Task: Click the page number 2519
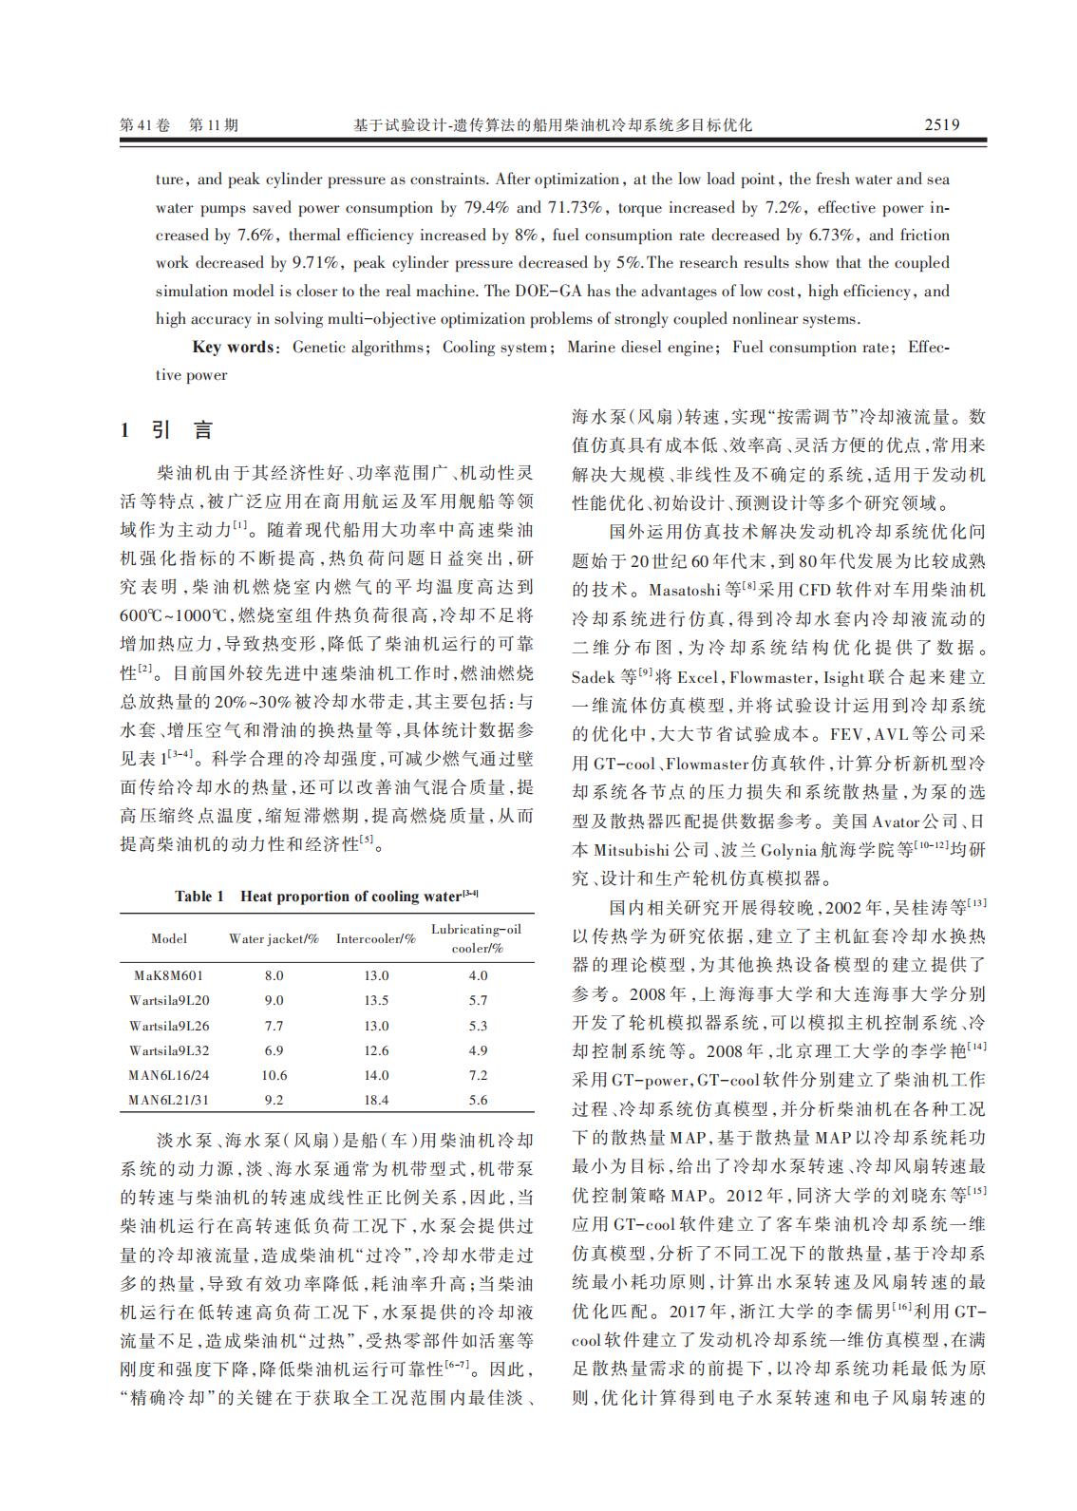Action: pyautogui.click(x=941, y=124)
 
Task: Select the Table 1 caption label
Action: pyautogui.click(x=199, y=896)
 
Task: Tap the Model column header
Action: pyautogui.click(x=169, y=938)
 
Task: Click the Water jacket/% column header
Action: pyautogui.click(x=274, y=938)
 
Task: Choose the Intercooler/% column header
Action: pyautogui.click(x=376, y=938)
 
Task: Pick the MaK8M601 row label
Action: pyautogui.click(x=168, y=975)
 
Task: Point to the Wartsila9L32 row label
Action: pyautogui.click(x=169, y=1050)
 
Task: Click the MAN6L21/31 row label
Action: pyautogui.click(x=169, y=1100)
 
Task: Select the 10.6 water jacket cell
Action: pyautogui.click(x=274, y=1075)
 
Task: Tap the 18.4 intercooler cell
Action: pyautogui.click(x=376, y=1100)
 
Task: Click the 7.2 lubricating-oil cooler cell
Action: pyautogui.click(x=478, y=1075)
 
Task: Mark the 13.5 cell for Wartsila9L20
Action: pyautogui.click(x=376, y=1000)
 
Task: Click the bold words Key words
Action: pyautogui.click(x=233, y=347)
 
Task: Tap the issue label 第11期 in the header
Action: pyautogui.click(x=215, y=124)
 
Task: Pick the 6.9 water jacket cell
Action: pyautogui.click(x=274, y=1050)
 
